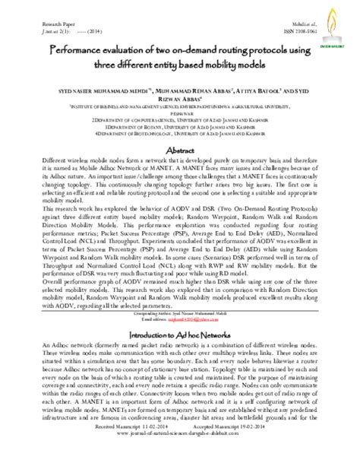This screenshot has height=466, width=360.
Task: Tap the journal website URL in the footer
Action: click(180, 456)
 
